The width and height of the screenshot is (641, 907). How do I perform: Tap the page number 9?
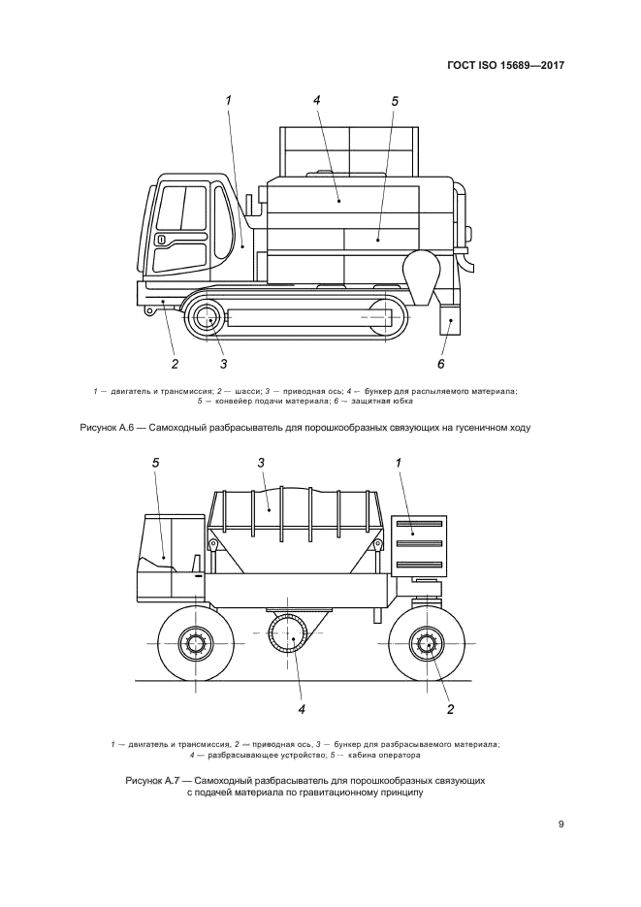[x=561, y=825]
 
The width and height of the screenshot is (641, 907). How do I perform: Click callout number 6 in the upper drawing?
[x=441, y=364]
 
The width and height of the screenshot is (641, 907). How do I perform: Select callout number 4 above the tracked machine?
[x=317, y=100]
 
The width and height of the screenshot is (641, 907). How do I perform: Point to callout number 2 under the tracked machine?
[x=175, y=364]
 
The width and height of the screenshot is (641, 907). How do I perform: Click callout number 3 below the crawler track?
[x=224, y=364]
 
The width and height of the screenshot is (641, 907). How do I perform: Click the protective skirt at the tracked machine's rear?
[x=449, y=321]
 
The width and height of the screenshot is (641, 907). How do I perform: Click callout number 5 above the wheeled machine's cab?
[x=155, y=464]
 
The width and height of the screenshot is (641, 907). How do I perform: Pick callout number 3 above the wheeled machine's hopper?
[x=261, y=464]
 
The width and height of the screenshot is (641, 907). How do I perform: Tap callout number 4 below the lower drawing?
[x=302, y=709]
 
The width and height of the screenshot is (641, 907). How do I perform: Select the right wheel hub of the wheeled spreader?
[x=427, y=642]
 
